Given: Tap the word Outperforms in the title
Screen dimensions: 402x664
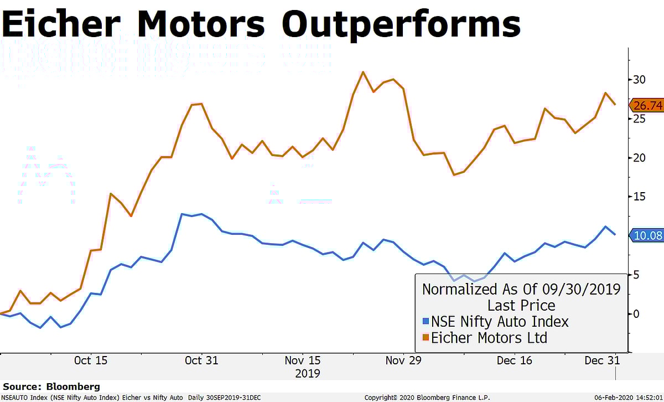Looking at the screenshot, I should tap(401, 24).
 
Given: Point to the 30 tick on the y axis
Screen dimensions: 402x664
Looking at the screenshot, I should tap(640, 80).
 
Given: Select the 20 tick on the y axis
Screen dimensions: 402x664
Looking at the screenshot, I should tap(640, 158).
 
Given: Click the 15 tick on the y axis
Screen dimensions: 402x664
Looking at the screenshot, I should tap(640, 197).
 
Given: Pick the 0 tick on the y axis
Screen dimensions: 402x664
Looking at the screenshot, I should tap(636, 314).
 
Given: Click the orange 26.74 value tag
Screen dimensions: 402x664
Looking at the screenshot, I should tap(646, 105).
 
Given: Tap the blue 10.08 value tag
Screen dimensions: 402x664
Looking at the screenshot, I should tap(647, 235).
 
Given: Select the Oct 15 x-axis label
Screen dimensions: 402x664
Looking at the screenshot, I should tap(91, 360).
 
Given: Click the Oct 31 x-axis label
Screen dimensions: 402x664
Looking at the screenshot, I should tap(201, 360).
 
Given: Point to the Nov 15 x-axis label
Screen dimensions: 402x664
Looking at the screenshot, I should tap(303, 360).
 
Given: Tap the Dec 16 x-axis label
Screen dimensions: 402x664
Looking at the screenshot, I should tap(515, 360).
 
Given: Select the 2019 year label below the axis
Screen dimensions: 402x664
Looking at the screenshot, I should tap(307, 373).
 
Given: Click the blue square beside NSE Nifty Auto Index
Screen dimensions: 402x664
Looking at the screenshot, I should tap(426, 321).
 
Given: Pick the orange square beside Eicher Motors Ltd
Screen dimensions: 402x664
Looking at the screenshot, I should tap(426, 338).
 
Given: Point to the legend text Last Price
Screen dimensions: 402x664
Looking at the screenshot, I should tap(521, 305).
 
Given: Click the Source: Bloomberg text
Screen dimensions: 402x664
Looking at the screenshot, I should tap(51, 386).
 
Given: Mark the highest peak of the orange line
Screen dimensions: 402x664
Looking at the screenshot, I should tap(363, 72).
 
